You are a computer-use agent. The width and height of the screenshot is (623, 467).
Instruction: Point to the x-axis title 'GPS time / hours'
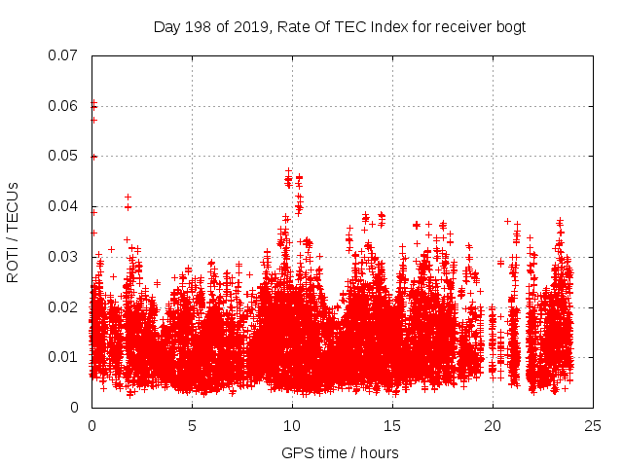coord(340,452)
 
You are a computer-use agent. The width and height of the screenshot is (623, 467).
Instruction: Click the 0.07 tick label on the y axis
coord(64,55)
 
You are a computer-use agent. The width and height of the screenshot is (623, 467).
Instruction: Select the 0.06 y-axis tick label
coord(64,106)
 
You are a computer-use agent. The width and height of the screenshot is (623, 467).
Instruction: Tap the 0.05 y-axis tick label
coord(64,156)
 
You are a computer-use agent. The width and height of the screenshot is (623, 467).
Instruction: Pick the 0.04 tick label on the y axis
coord(64,206)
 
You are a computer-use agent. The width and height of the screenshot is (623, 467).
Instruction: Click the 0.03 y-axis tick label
coord(64,257)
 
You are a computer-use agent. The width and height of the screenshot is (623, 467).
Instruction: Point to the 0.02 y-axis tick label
coord(64,306)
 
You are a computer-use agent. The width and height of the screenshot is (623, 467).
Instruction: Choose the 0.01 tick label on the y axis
coord(64,357)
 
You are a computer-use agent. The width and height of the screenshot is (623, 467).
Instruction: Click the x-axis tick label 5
coord(192,425)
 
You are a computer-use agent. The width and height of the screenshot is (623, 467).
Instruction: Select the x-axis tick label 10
coord(292,425)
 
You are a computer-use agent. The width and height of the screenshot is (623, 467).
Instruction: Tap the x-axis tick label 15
coord(392,425)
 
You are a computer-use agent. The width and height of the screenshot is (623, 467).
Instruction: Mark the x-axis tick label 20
coord(493,425)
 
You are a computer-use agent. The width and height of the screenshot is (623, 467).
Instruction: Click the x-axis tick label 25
coord(593,425)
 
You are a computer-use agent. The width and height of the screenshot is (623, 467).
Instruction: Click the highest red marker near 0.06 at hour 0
coord(93,101)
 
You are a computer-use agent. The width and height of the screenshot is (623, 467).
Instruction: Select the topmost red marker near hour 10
coord(288,171)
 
